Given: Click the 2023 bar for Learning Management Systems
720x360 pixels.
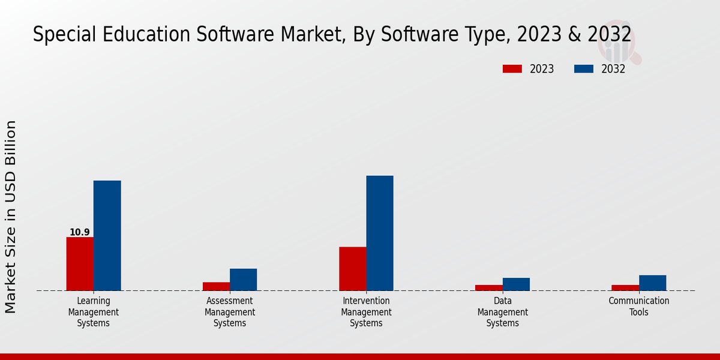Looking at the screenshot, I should coord(80,264).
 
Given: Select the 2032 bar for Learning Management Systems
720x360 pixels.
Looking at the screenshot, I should coord(107,236).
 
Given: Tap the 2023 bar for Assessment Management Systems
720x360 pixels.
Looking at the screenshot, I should coord(216,286).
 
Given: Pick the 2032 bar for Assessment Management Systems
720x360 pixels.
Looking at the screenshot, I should coord(243,280).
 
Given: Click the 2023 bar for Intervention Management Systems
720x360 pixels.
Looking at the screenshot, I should coord(352,269).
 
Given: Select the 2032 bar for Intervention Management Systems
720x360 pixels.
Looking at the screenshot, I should coord(380,233).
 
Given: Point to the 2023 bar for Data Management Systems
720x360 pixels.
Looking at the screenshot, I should coord(488,288).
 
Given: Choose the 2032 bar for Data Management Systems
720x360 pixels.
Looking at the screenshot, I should coord(516,284).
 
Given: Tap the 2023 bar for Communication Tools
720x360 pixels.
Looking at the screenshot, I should coord(625,288).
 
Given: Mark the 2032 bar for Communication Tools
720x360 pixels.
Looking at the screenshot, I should coord(652,283).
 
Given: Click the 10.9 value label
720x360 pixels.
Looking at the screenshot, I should coord(80,232).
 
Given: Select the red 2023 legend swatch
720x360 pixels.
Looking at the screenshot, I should coord(512,69).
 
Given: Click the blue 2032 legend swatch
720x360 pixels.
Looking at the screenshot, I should coord(583,69).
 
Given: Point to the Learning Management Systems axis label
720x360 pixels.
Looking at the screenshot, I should coord(94,312).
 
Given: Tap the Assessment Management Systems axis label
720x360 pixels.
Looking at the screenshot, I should coord(230,312).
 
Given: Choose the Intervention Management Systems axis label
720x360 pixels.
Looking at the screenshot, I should coord(366,312).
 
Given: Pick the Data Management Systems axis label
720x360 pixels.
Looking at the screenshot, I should coord(503,312).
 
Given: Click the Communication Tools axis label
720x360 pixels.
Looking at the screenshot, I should coord(639,307).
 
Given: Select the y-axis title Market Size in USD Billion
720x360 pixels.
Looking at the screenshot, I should coord(11,217).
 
